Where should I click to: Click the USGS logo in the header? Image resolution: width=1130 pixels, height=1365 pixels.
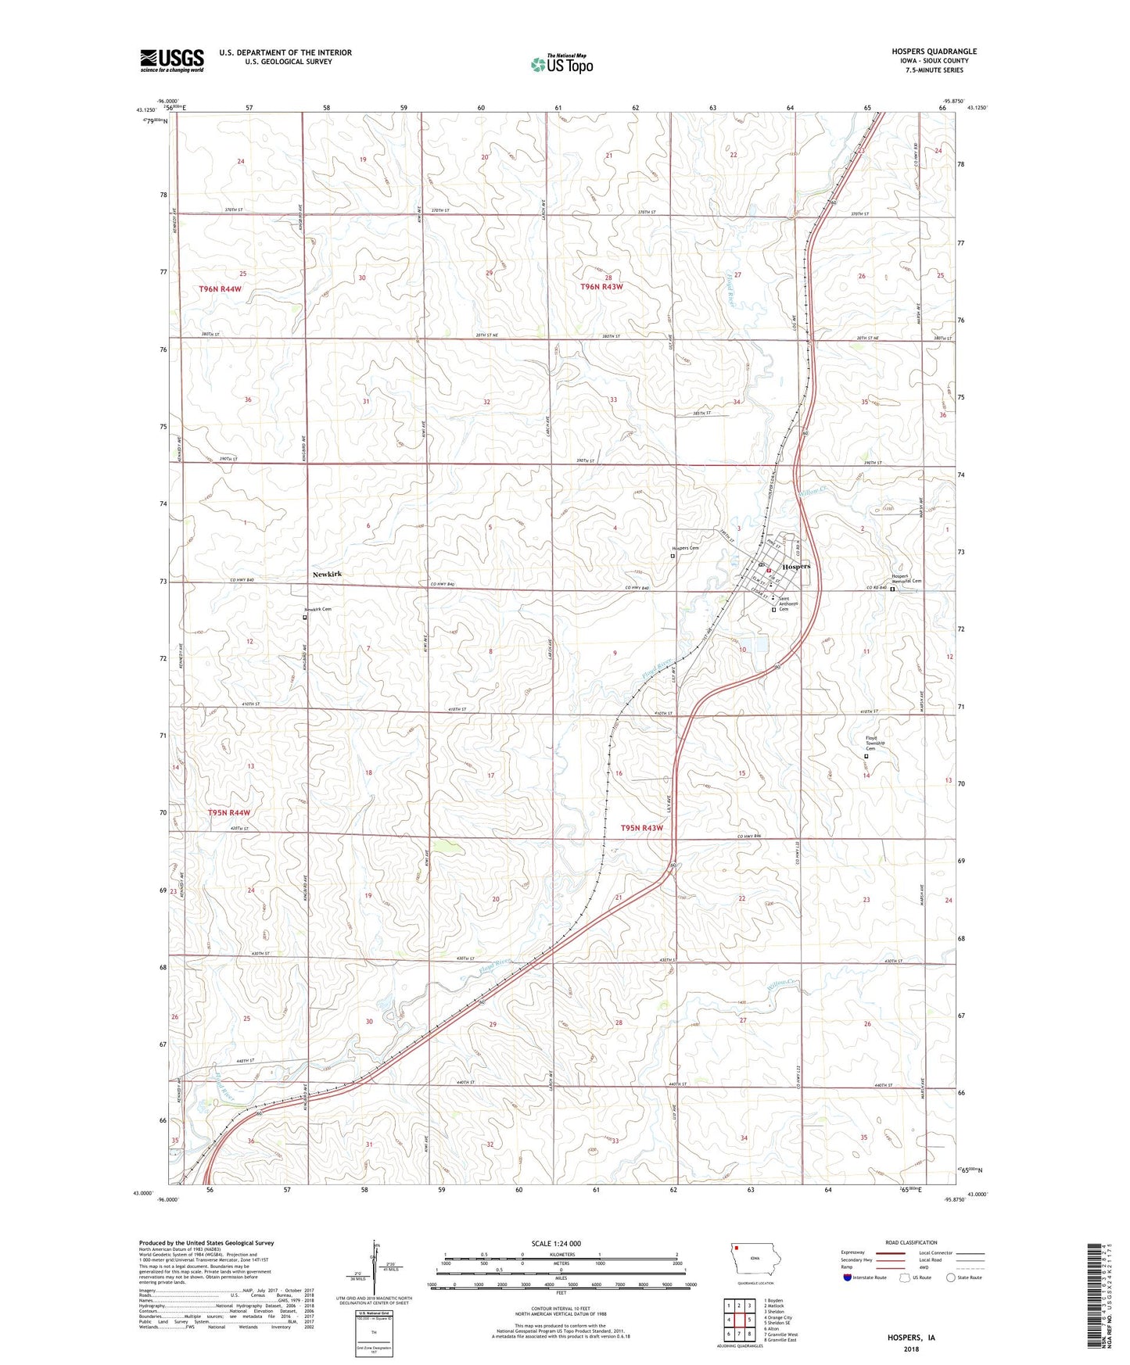coord(172,60)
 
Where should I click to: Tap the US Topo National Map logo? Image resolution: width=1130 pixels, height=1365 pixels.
coord(561,64)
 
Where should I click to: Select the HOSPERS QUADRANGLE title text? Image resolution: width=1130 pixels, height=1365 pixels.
coord(934,52)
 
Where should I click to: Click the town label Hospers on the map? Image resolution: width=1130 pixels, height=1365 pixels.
coord(796,566)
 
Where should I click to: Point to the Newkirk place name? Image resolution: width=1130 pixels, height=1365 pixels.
coord(327,575)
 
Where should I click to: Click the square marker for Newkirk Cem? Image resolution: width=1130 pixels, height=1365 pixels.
coord(305,617)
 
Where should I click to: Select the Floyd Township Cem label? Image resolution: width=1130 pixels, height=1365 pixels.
coord(871,743)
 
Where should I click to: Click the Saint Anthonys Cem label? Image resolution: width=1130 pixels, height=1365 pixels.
coord(788,603)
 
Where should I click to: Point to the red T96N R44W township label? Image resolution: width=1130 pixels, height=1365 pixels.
coord(220,289)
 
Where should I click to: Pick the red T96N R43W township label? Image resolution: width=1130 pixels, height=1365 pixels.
coord(601,287)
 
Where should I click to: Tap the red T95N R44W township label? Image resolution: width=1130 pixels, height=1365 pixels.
coord(228,813)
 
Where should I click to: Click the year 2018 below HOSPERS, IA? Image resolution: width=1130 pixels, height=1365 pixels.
coord(910,1349)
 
